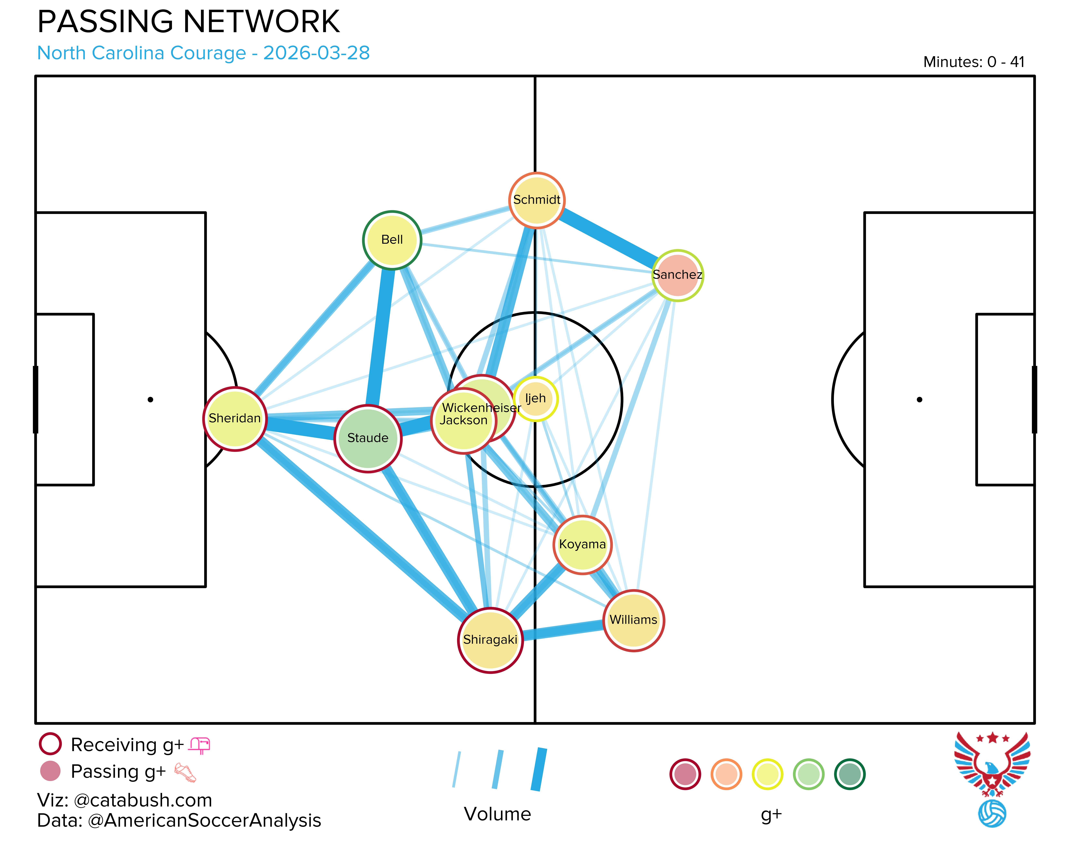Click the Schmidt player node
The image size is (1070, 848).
[x=537, y=200]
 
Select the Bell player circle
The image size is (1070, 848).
[x=392, y=240]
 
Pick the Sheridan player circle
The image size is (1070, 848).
[x=235, y=419]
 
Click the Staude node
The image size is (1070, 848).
[x=368, y=438]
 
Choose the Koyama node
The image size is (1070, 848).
[x=582, y=545]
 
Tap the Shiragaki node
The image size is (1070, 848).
[x=490, y=640]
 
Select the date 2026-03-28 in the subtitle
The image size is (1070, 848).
[x=316, y=53]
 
